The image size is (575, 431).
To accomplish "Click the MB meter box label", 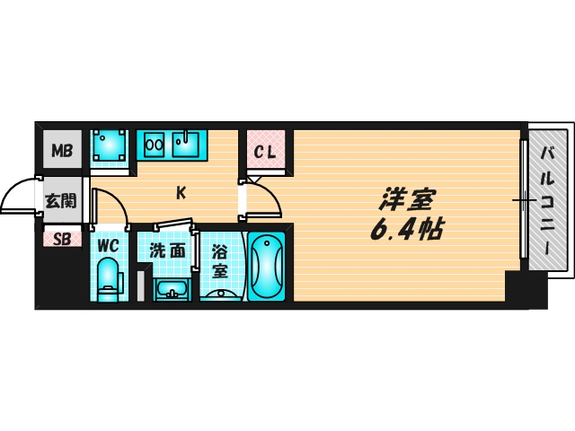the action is click(x=62, y=150).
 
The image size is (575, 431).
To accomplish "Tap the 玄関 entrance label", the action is click(x=60, y=201).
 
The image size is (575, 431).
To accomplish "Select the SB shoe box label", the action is click(x=62, y=240).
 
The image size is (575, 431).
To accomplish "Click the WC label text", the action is click(x=109, y=245).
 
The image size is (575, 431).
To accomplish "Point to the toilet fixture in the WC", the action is click(x=108, y=279).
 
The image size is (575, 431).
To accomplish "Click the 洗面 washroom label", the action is click(x=167, y=251).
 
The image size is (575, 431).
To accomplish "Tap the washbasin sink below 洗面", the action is click(x=172, y=290).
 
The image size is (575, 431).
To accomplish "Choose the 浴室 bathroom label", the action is click(x=220, y=261).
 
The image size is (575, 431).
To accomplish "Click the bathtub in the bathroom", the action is click(x=266, y=266).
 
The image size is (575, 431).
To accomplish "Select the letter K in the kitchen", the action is click(x=181, y=192).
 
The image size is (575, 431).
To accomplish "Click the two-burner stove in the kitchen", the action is click(x=154, y=145).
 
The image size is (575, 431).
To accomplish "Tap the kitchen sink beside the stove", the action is click(x=186, y=145).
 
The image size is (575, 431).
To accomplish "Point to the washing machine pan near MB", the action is click(x=110, y=145).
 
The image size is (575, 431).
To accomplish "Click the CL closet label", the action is click(x=265, y=152).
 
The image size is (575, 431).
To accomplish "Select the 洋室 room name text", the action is click(x=407, y=200).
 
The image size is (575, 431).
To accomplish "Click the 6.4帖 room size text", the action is click(x=407, y=230).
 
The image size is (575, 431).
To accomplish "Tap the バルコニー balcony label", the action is click(x=548, y=200).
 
